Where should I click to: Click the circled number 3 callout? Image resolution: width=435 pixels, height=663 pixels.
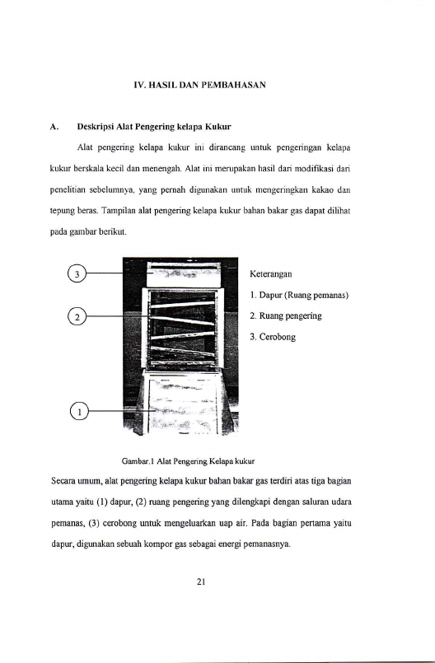click(77, 273)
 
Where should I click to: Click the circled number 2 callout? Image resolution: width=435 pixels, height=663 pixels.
click(77, 317)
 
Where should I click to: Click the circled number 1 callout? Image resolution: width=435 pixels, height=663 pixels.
click(79, 411)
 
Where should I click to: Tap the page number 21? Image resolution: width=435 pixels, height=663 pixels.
click(201, 581)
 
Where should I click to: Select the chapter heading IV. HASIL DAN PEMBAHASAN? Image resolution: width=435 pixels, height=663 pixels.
click(199, 85)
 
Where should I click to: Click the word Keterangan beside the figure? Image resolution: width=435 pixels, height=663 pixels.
click(271, 274)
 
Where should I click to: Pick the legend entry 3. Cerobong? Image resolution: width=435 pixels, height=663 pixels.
click(273, 337)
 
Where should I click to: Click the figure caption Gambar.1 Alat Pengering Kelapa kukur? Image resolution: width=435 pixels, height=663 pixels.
click(189, 461)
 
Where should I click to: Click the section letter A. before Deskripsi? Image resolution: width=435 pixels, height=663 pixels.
click(54, 127)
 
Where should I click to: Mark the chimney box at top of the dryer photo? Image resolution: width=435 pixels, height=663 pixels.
click(184, 273)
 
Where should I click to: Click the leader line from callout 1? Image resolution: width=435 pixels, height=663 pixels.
click(122, 411)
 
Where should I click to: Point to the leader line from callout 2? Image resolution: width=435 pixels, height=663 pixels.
click(118, 316)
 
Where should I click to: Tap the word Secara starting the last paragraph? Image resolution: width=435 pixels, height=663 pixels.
click(63, 481)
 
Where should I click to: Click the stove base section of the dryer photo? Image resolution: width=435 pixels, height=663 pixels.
click(183, 403)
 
